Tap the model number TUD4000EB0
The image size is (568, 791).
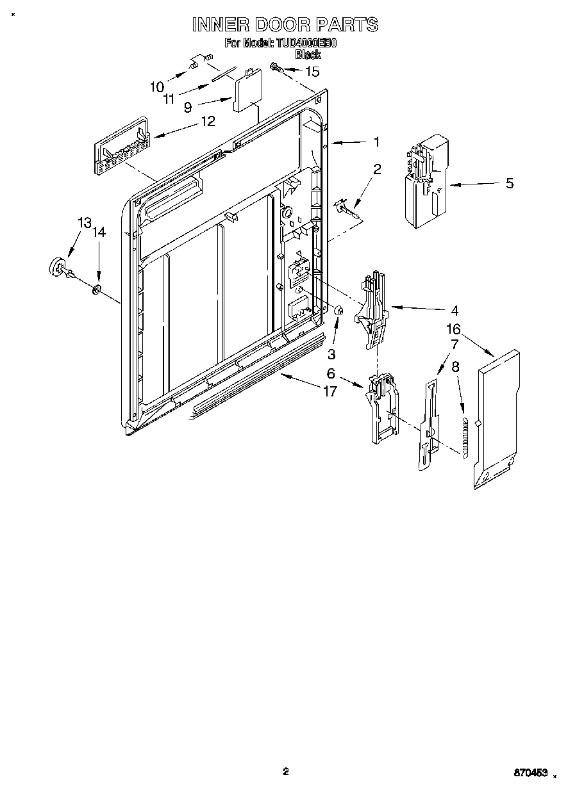[306, 44]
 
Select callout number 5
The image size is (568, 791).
[509, 183]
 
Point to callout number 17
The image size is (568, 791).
[330, 391]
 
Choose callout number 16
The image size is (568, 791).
[454, 329]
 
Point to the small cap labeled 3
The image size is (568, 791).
[340, 311]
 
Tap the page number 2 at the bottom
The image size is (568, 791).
[286, 771]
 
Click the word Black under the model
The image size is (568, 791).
[307, 54]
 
